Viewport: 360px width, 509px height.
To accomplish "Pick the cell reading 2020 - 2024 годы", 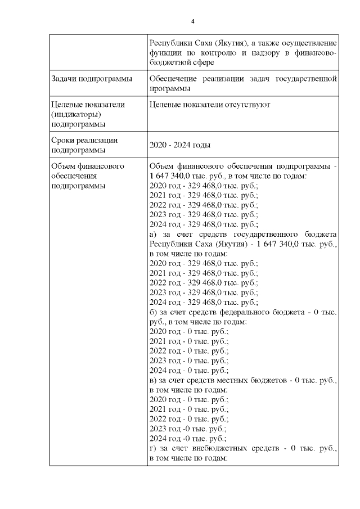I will click(180, 145).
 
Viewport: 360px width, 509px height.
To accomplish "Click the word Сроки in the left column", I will click(62, 140).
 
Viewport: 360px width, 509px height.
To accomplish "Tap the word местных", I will click(236, 381).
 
